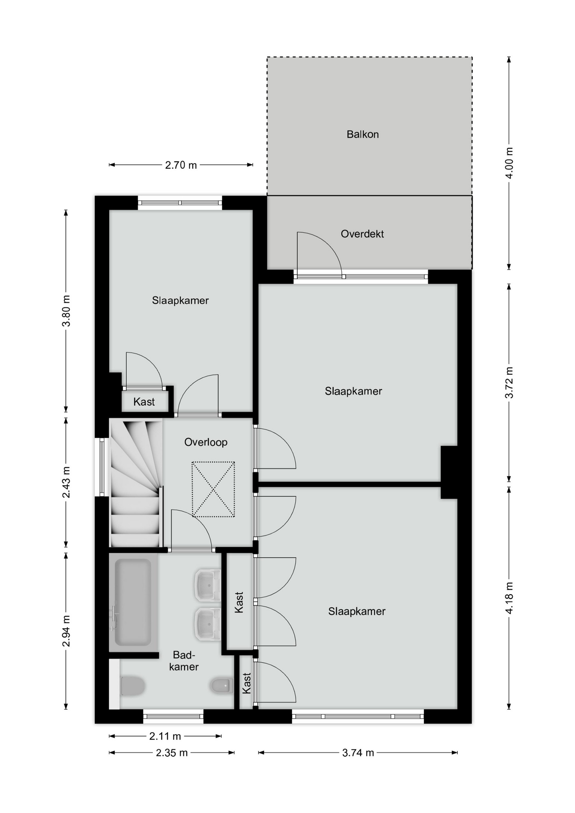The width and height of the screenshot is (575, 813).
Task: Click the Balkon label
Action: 362,134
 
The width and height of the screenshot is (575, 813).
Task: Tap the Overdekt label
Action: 362,234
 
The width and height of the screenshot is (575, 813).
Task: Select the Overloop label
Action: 206,442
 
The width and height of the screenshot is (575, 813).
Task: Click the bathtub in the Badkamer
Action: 133,602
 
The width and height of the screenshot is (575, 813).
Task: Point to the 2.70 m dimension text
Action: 181,165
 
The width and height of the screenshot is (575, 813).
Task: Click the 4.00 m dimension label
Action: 509,163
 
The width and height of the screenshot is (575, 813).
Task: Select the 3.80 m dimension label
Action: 66,311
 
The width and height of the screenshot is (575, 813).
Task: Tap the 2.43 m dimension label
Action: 66,482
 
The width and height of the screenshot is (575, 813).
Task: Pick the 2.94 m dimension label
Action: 66,631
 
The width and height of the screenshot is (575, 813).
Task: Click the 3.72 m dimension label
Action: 509,382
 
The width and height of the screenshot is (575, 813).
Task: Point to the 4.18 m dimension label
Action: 509,597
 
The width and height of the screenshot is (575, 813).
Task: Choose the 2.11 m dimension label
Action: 165,736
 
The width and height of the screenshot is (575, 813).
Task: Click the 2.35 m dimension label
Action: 171,752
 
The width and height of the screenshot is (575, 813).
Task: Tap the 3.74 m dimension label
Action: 358,752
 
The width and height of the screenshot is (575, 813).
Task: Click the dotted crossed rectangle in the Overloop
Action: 213,489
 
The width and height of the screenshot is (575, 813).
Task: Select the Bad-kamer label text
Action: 184,661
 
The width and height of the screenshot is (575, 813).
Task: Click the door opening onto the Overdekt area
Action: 319,254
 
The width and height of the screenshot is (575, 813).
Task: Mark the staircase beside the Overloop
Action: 136,482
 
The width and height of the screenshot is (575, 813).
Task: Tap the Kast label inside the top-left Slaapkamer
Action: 144,402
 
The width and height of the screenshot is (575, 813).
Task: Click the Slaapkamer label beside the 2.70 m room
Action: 180,300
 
